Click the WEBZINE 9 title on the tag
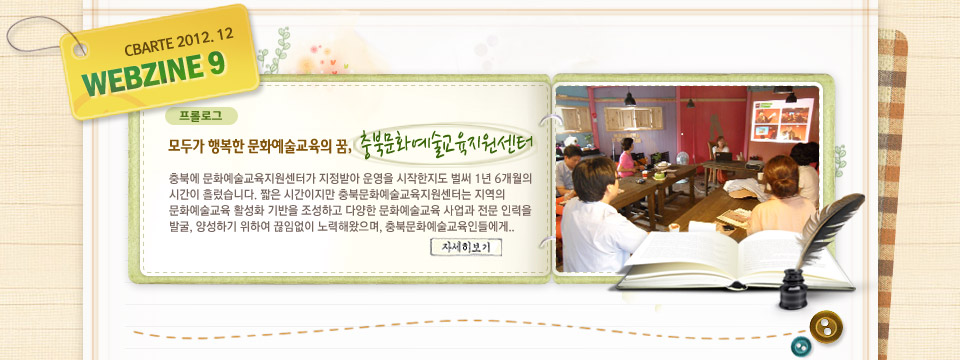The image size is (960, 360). [154, 75]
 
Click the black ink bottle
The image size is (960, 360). [793, 288]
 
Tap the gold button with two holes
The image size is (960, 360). [826, 327]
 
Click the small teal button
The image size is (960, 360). [801, 346]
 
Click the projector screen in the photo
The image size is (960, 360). [782, 120]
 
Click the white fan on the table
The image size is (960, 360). [681, 159]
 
